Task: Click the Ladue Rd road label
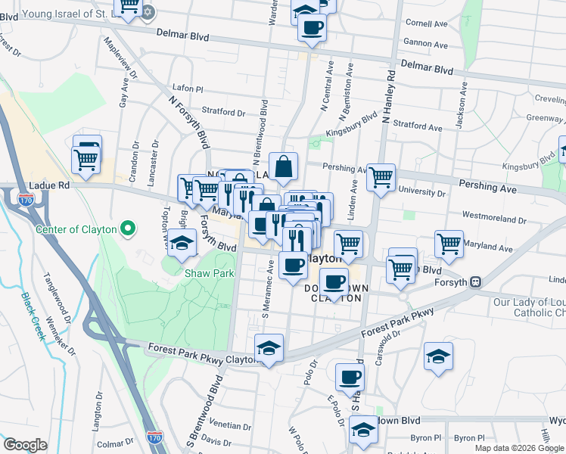coord(48,185)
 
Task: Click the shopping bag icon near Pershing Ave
coord(282,167)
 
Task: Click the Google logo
coord(25,445)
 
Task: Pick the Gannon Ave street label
coord(427,44)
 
